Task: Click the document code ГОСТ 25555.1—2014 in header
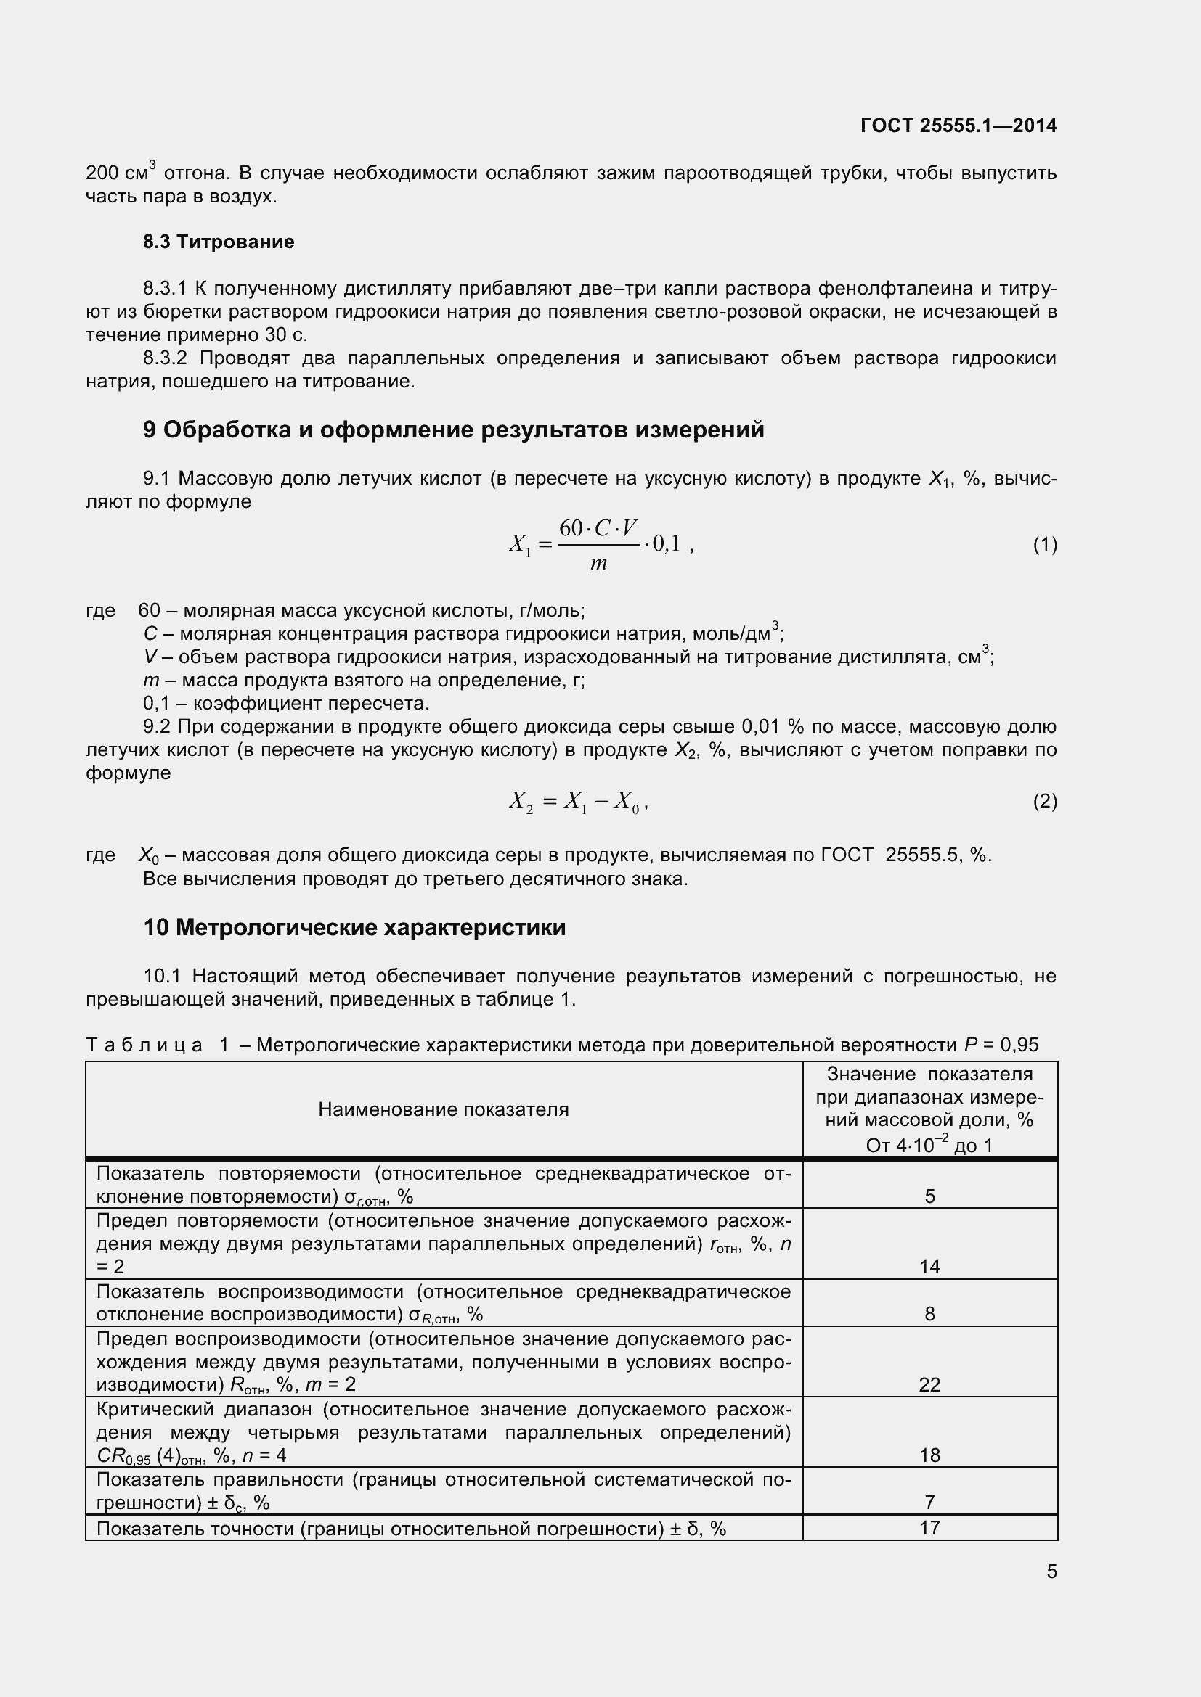click(958, 126)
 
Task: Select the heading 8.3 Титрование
click(218, 242)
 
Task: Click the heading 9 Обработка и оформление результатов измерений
click(453, 430)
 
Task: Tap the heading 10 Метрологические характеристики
click(354, 926)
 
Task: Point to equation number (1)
click(1044, 546)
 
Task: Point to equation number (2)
click(1044, 801)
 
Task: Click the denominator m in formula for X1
click(598, 564)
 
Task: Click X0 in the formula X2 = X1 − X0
click(626, 801)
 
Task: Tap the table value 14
click(929, 1267)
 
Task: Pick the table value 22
click(929, 1384)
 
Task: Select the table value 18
click(929, 1455)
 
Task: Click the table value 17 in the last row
click(929, 1527)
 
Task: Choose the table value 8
click(929, 1313)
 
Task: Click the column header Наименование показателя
click(443, 1109)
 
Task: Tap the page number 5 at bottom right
click(1051, 1571)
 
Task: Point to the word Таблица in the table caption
click(144, 1044)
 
